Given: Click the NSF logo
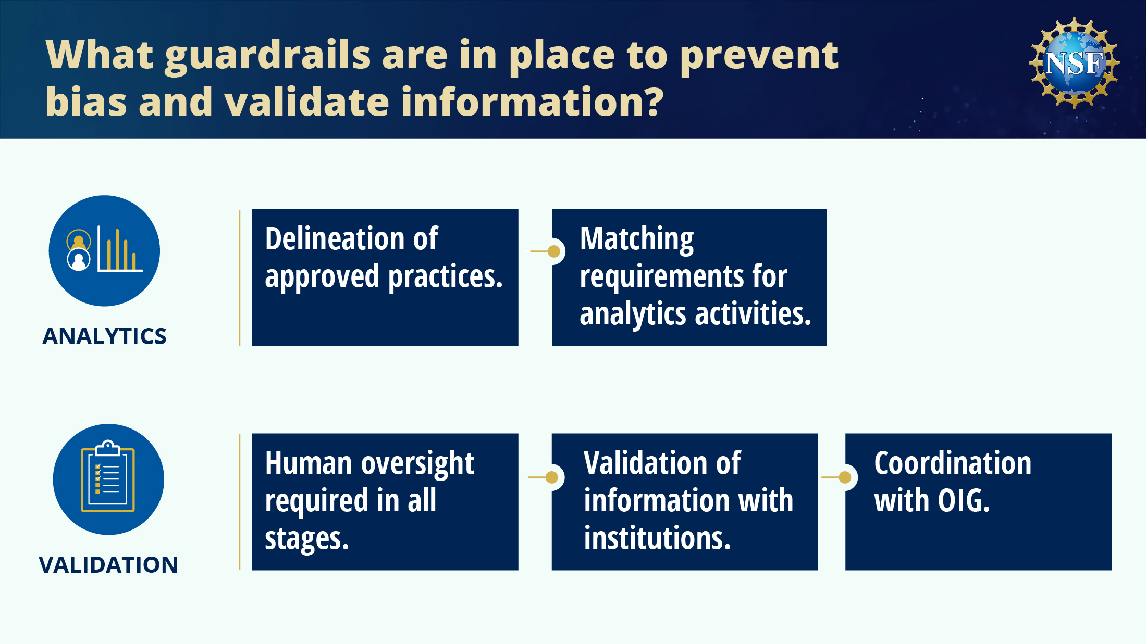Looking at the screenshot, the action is coord(1074,63).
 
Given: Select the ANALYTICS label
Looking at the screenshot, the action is coord(104,336).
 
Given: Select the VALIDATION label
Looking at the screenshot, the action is coord(108,565).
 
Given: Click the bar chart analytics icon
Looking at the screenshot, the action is coord(104,251).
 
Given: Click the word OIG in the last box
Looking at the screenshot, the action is coord(964,501).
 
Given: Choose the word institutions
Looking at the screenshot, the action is coord(657,538).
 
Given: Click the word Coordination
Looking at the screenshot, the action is coord(953,463).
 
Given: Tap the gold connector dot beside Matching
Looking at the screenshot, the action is coord(554,251).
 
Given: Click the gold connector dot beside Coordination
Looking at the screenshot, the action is coord(845,477).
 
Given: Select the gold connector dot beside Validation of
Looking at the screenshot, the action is coord(552,477).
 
